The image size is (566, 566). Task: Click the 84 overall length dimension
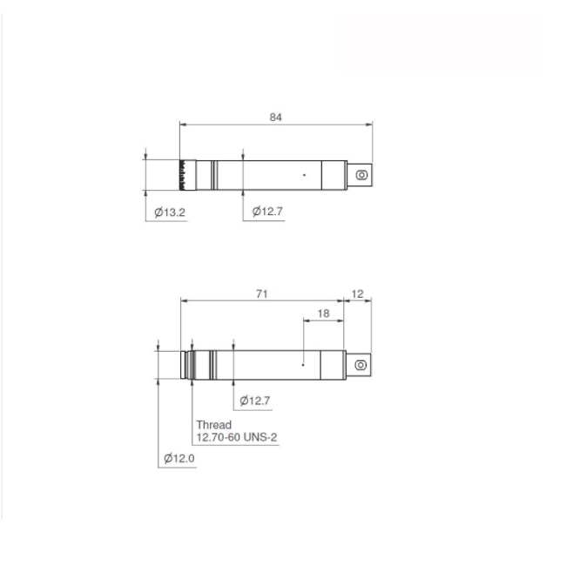click(275, 117)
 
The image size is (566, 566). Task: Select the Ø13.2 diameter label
click(170, 212)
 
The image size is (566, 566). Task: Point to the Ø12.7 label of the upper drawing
click(267, 212)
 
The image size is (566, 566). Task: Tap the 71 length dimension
click(262, 293)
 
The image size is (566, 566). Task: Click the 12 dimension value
click(357, 293)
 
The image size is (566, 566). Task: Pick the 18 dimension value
click(323, 313)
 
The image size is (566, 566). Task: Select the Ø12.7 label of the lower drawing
click(255, 401)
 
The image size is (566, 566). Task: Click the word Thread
click(213, 425)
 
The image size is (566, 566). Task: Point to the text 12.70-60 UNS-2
click(237, 437)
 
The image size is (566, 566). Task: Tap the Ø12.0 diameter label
click(179, 458)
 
